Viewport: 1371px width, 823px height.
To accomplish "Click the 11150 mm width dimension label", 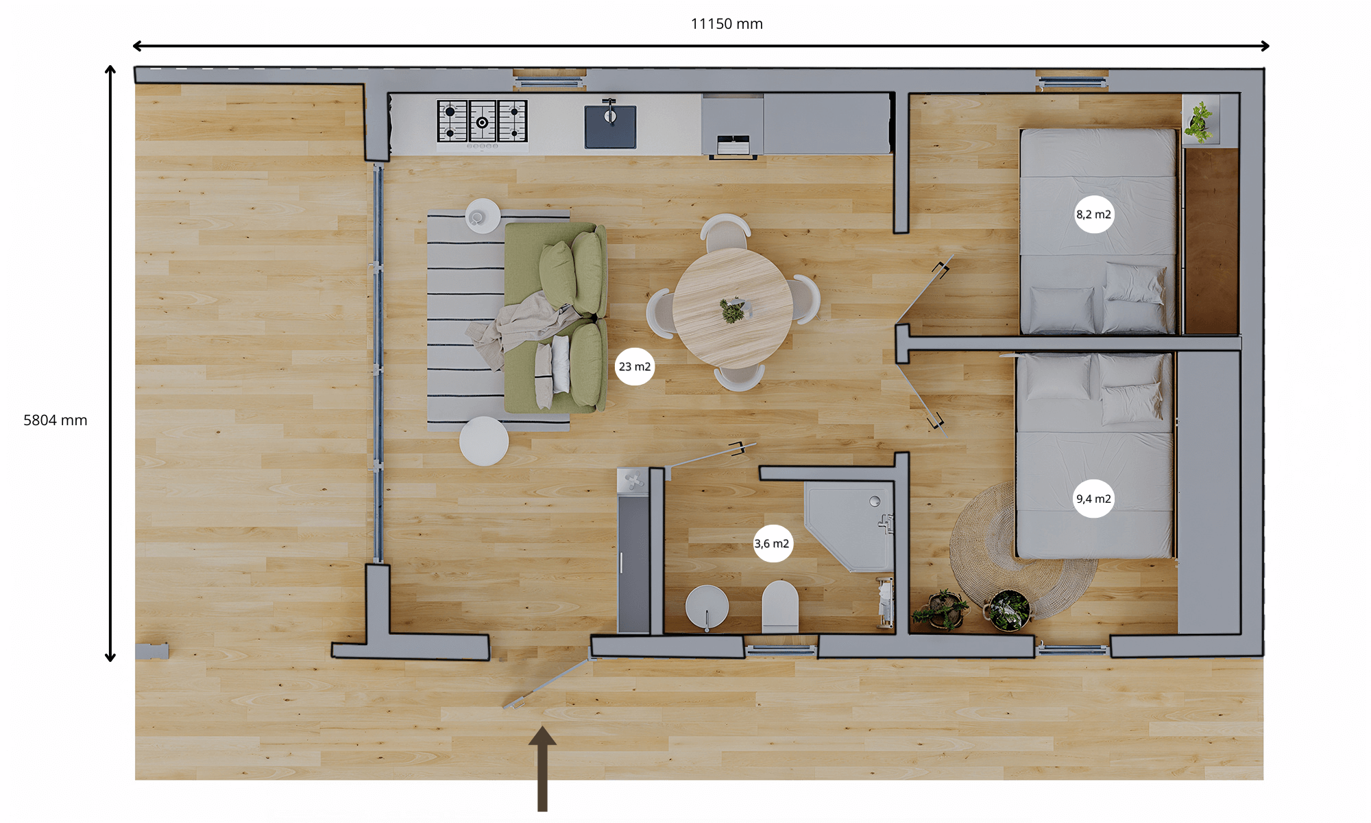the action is (727, 24).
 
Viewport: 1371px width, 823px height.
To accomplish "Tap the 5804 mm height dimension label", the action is (56, 420).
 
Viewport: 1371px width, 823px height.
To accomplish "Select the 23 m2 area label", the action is (635, 367).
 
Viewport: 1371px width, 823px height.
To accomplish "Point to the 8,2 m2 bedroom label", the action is (1093, 215).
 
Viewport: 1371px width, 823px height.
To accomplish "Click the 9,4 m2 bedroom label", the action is (1093, 499).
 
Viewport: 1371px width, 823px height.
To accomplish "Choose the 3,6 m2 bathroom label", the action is (773, 543).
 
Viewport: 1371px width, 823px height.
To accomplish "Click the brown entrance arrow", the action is (542, 769).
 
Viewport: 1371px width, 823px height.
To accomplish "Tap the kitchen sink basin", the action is (610, 127).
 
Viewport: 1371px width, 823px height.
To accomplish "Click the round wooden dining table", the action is (733, 309).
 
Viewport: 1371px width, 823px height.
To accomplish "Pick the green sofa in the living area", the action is (556, 318).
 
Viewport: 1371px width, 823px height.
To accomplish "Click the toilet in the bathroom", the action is (780, 607).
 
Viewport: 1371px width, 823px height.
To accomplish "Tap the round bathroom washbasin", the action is (707, 607).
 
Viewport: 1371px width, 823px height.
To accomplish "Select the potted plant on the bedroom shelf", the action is (1199, 121).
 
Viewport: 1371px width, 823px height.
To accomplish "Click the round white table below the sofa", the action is (484, 441).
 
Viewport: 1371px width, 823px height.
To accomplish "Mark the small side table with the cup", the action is (483, 216).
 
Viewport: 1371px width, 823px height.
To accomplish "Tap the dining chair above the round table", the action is (725, 232).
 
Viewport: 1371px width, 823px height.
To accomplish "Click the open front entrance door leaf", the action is (548, 683).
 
